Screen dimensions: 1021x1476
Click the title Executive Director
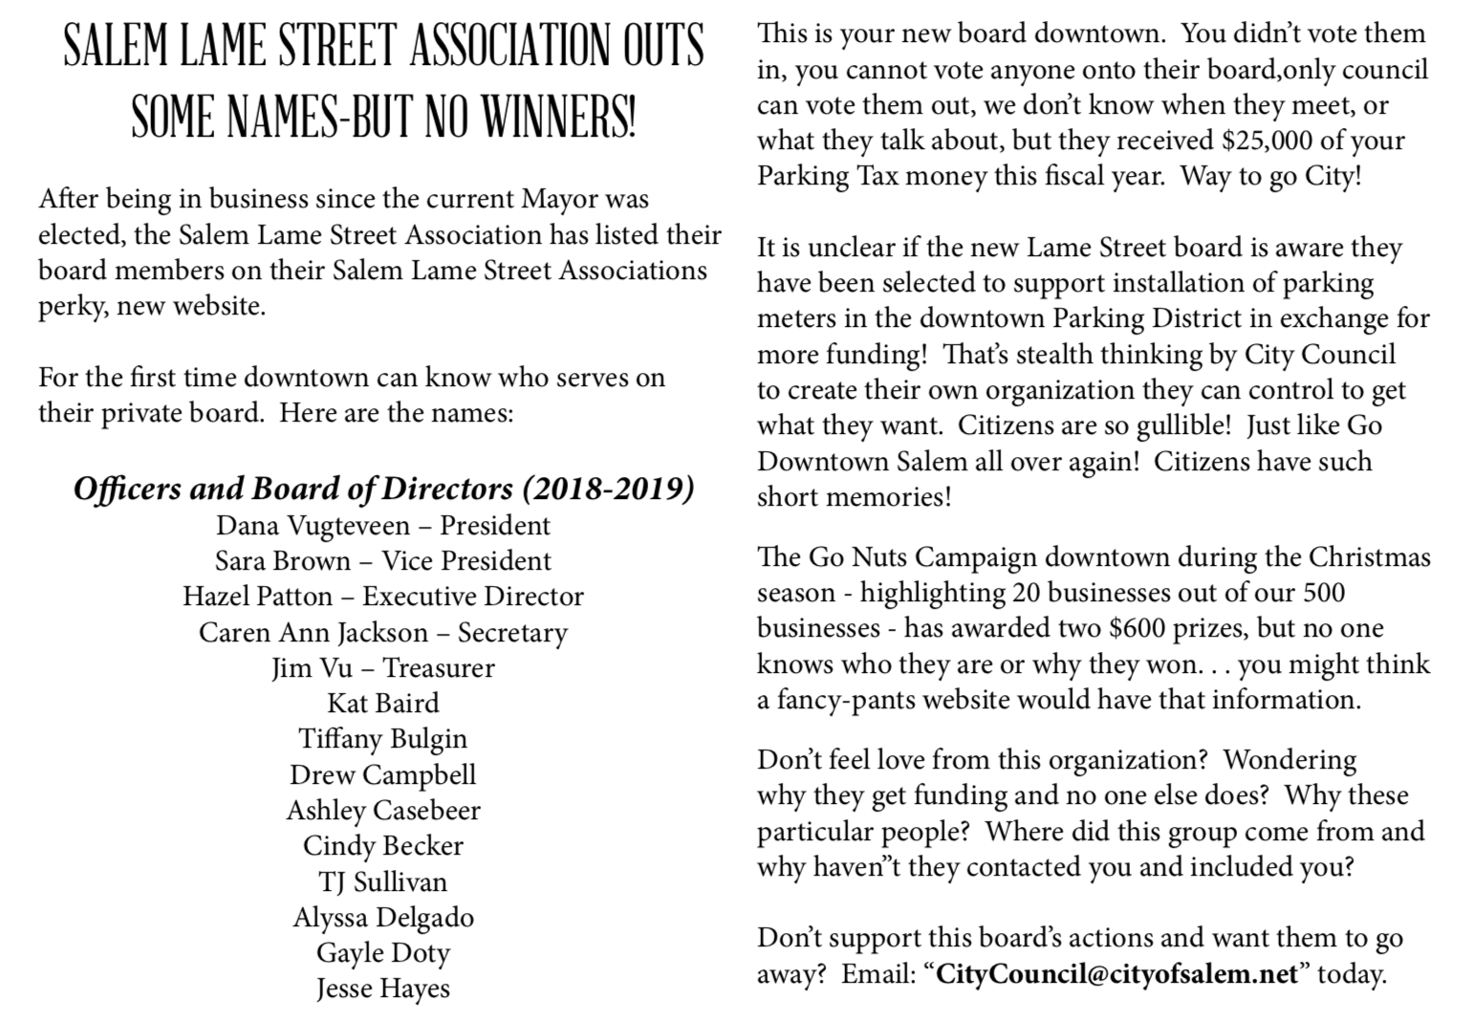point(473,597)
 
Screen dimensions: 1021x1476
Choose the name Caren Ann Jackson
point(314,633)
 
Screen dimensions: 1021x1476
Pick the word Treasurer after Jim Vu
point(439,667)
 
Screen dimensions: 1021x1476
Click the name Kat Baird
point(383,704)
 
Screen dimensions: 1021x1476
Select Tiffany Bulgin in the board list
point(383,739)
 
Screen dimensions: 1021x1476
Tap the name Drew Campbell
point(383,774)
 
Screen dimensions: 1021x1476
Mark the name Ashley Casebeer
point(383,811)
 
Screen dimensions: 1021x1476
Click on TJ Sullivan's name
point(383,881)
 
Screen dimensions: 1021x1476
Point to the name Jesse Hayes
point(383,988)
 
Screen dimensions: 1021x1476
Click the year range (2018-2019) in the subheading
point(608,489)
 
